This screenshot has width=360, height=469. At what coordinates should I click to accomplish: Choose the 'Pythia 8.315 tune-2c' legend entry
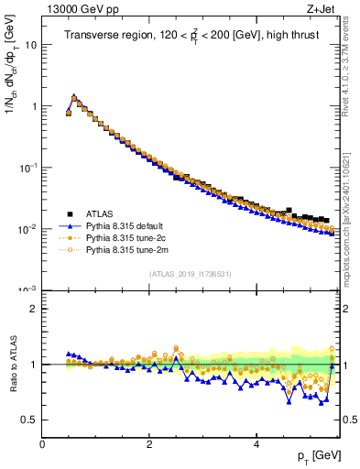pos(127,236)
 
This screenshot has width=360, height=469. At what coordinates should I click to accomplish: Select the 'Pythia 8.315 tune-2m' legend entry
pos(128,248)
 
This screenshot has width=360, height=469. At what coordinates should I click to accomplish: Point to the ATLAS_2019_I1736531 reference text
pos(190,274)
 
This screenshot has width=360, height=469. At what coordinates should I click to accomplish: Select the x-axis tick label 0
pos(42,445)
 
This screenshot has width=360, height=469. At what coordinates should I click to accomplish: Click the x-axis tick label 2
pos(148,445)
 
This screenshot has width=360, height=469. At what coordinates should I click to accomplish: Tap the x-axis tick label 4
pos(256,445)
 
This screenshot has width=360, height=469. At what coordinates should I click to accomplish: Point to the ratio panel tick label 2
pos(33,309)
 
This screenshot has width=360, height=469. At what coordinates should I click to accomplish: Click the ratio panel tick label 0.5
pos(29,420)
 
